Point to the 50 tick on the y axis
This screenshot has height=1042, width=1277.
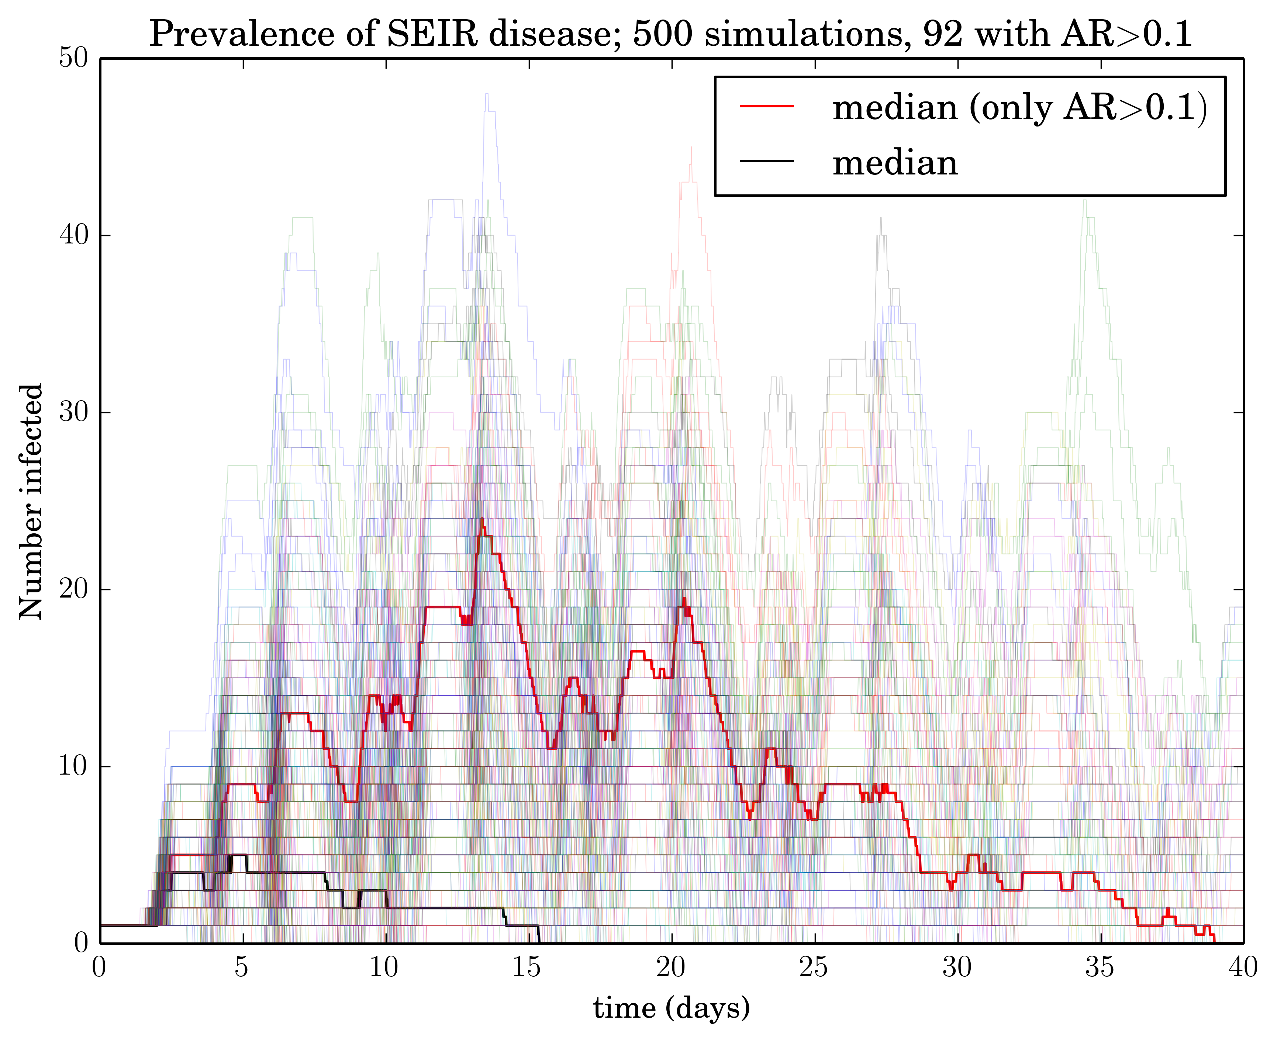click(73, 59)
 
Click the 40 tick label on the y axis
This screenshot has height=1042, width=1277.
click(73, 235)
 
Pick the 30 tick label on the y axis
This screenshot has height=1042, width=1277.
click(73, 412)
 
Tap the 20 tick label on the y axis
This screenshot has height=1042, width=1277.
click(73, 589)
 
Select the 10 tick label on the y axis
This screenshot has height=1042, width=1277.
click(73, 766)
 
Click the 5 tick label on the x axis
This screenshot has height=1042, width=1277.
click(242, 968)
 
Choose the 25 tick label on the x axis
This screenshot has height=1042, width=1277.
click(814, 968)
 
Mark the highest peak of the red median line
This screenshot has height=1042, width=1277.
click(482, 520)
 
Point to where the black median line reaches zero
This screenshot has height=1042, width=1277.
click(539, 942)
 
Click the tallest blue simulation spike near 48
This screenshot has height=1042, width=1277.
click(487, 94)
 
